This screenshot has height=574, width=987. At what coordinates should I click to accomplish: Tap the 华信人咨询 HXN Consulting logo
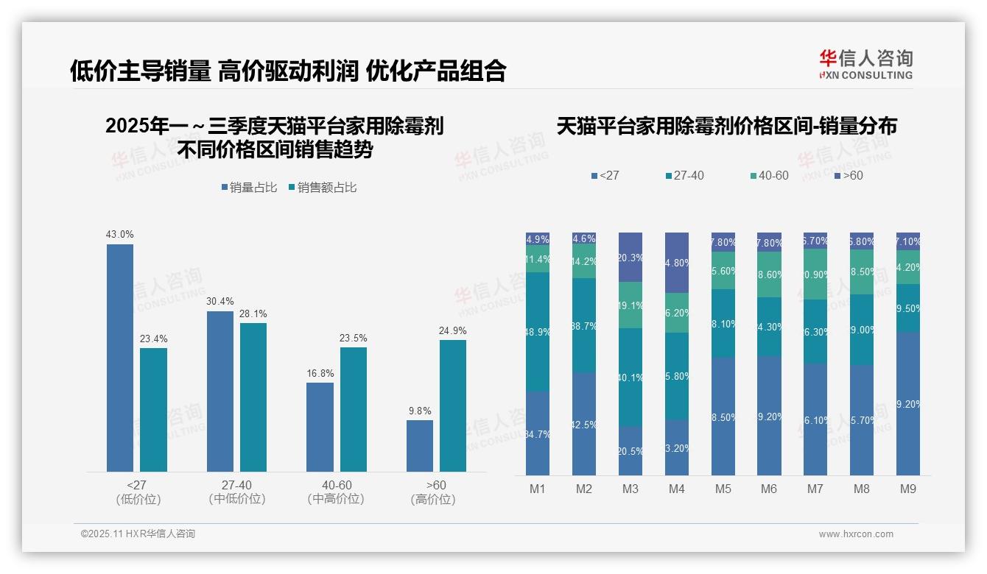(x=865, y=65)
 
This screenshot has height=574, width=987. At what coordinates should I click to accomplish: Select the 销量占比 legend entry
(x=250, y=188)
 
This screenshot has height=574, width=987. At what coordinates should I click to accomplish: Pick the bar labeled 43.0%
(x=120, y=358)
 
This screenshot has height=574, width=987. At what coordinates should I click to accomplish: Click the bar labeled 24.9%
(x=453, y=405)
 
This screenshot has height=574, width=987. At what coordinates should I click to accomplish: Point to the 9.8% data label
(x=419, y=411)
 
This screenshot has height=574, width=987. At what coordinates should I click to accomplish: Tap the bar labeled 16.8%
(x=320, y=427)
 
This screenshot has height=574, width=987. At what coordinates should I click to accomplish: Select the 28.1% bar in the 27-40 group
(x=253, y=397)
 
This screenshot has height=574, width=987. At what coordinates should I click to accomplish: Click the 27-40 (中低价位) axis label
(x=236, y=492)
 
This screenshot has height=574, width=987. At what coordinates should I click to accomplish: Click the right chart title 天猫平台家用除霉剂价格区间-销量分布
(x=726, y=126)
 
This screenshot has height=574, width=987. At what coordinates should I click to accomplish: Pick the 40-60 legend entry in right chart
(x=769, y=176)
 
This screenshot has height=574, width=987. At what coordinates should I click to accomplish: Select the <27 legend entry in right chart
(x=605, y=176)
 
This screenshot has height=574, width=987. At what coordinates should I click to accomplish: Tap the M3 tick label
(x=631, y=489)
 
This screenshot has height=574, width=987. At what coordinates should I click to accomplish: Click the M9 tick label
(x=908, y=489)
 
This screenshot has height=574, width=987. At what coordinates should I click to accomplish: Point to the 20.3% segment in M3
(x=631, y=258)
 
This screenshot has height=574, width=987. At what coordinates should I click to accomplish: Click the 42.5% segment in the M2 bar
(x=584, y=424)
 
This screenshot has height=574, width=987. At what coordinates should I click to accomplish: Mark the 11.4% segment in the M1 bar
(x=538, y=259)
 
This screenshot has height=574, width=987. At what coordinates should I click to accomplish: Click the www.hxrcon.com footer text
(x=855, y=534)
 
